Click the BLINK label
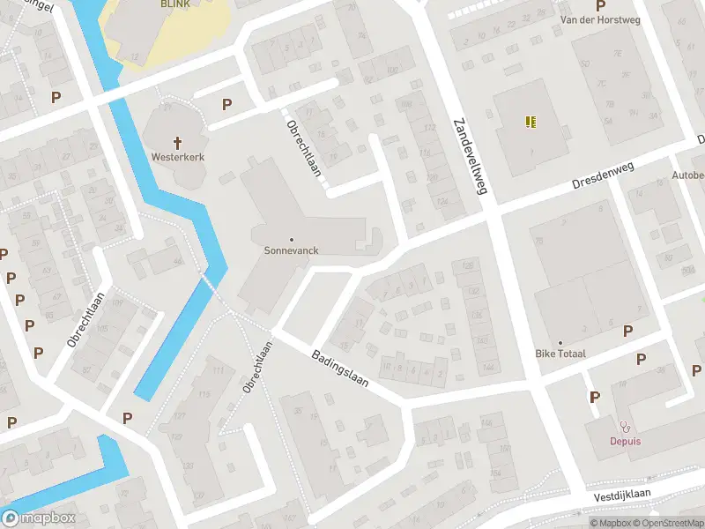point(176,4)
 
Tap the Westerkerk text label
point(177,157)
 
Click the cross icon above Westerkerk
point(177,142)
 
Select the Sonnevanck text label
point(291,250)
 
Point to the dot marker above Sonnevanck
point(291,239)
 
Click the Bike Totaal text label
point(560,354)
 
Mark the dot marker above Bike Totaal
point(560,342)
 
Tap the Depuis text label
point(625,441)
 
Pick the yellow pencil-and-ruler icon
point(531,123)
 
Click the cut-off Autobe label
point(687,175)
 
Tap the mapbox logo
point(40,518)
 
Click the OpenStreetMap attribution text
point(671,523)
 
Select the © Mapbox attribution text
point(613,523)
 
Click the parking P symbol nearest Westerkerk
point(226,104)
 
